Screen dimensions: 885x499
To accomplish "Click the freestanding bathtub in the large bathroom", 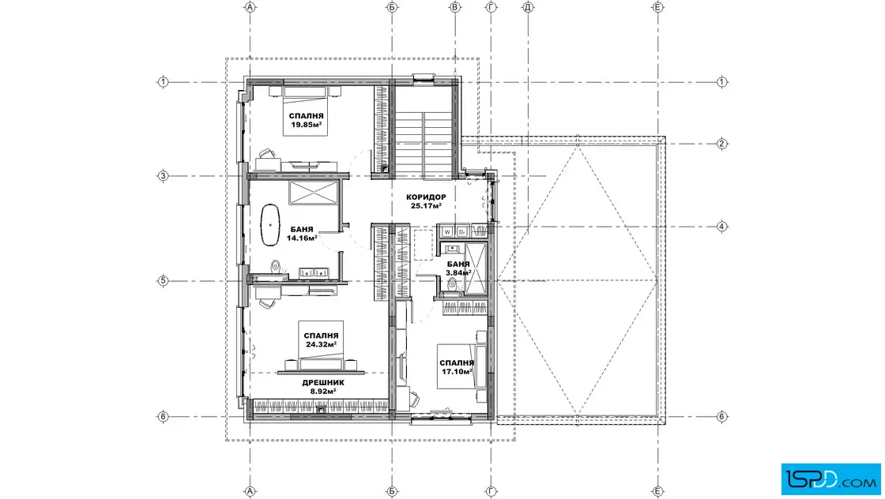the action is (270, 225).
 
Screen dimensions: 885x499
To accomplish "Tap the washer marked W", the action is (447, 231).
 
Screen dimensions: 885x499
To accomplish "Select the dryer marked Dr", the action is (461, 231).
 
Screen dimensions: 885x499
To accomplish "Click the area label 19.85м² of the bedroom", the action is (307, 125).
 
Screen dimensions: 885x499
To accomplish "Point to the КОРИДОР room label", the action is (426, 197).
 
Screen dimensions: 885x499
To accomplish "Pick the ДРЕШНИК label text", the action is (323, 382).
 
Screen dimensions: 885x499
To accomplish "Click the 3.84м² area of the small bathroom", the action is (458, 273).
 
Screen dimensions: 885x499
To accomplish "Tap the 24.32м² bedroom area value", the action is (321, 344).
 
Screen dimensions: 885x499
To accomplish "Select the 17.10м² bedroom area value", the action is (457, 372).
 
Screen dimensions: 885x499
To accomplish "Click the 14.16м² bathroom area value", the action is (301, 238).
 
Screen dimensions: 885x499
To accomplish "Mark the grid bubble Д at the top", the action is (529, 7).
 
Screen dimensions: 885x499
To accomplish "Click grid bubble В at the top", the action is (455, 7).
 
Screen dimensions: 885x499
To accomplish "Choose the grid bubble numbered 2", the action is (722, 144).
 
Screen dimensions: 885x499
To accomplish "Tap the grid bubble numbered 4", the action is (722, 227).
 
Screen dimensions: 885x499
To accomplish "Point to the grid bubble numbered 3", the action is (163, 176).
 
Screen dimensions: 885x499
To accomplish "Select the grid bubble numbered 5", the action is (163, 280).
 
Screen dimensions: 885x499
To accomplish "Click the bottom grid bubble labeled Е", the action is (657, 492).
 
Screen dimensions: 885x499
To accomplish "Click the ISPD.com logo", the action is (830, 479).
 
